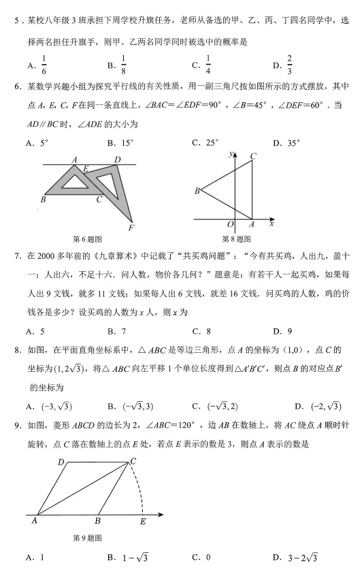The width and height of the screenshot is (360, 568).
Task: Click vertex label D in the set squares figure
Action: click(117, 160)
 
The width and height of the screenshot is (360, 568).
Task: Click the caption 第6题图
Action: click(87, 239)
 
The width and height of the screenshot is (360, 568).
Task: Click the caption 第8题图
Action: click(236, 239)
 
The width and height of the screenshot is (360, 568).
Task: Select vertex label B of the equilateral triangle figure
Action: click(197, 191)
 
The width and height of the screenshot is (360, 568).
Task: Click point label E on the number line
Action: click(142, 522)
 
